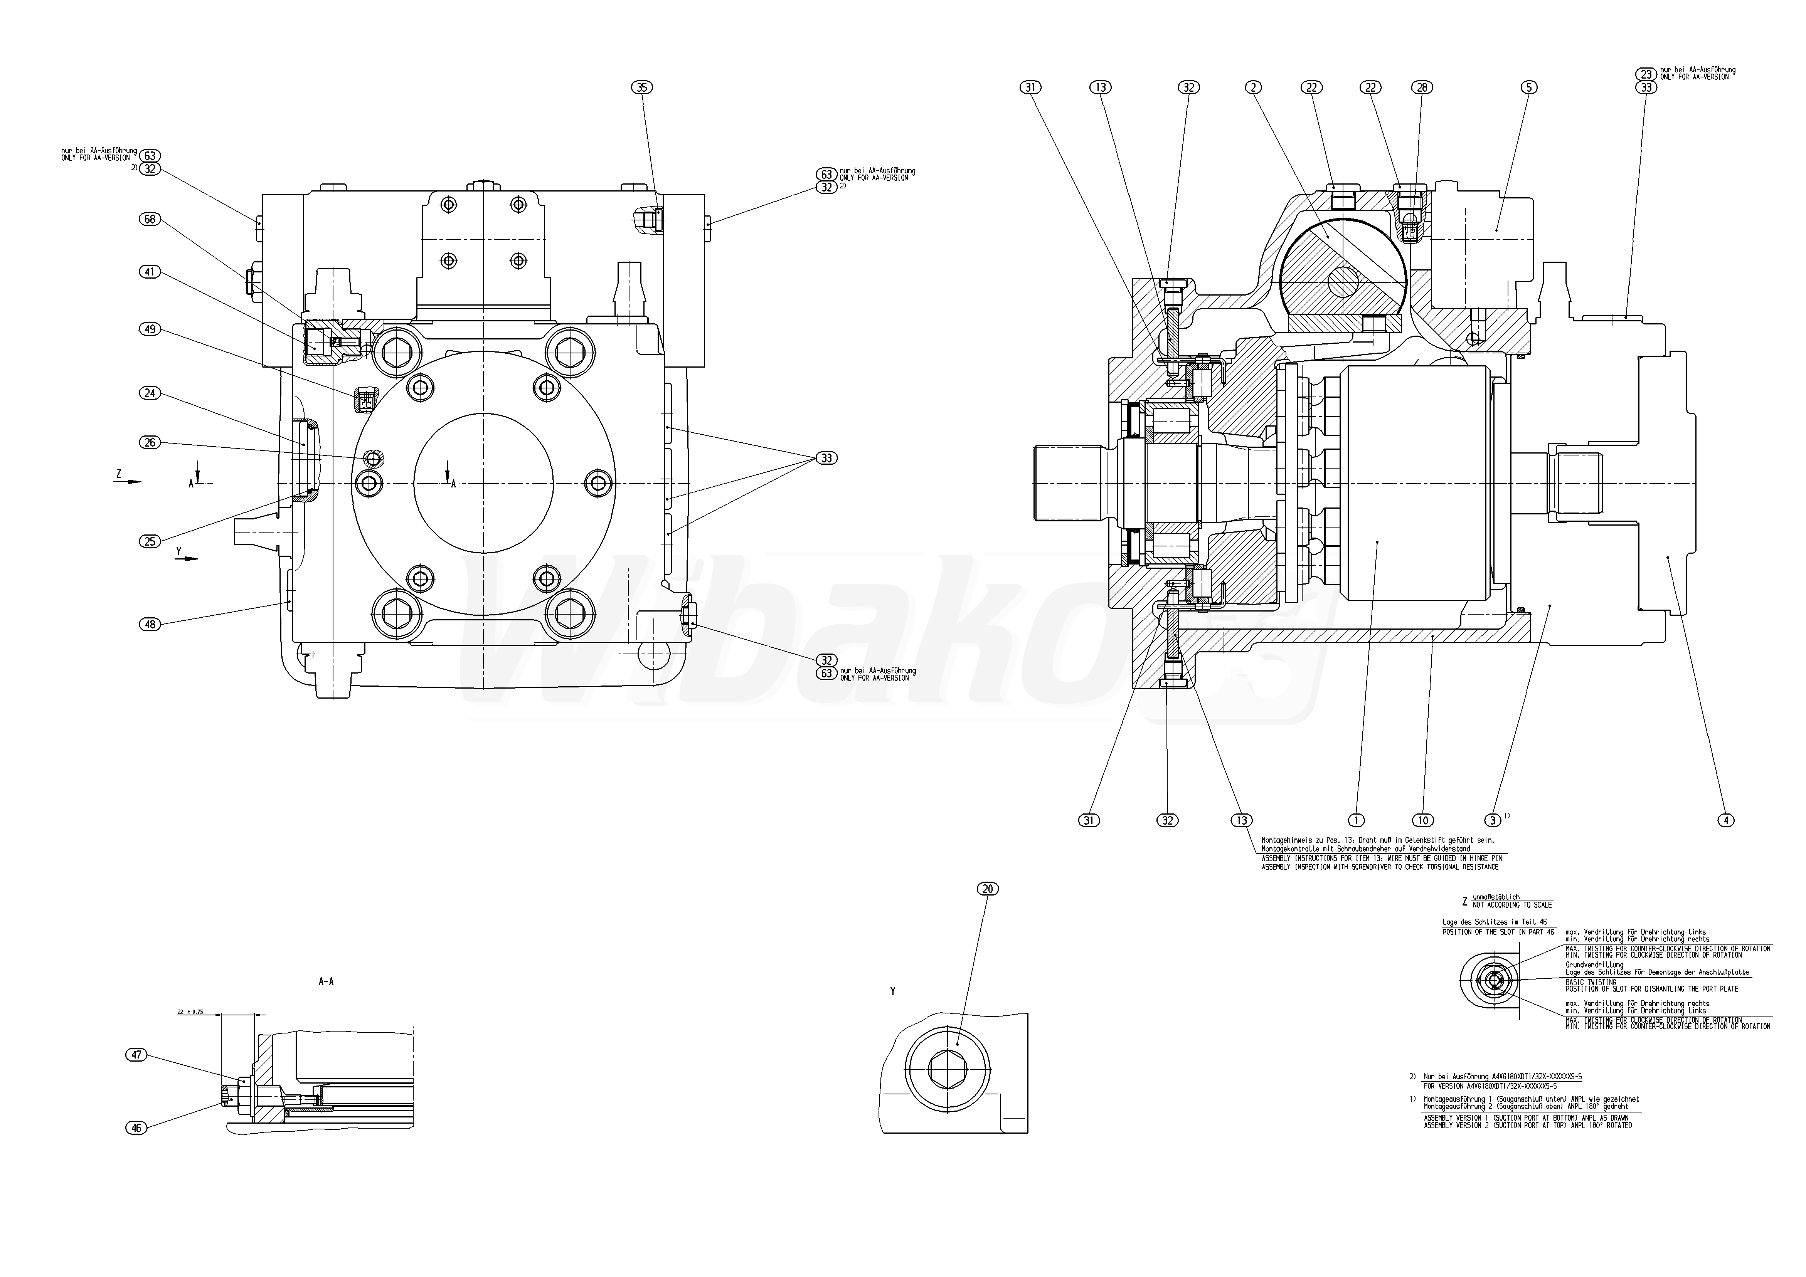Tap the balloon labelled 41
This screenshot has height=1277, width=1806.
[150, 272]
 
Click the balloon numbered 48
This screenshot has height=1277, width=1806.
[150, 624]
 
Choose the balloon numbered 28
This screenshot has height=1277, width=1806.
[1422, 87]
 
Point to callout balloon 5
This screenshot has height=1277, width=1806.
[1528, 87]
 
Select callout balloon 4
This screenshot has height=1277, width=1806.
[1725, 820]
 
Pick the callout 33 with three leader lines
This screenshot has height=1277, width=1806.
[826, 458]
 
